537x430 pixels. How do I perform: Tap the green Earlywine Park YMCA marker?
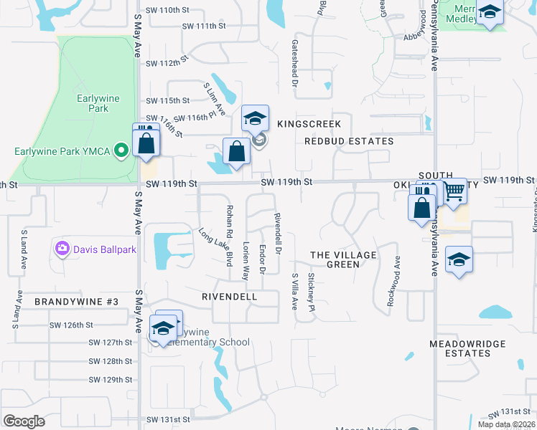121,150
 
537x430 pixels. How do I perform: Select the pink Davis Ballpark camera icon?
62,249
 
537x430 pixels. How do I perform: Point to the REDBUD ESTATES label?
349,141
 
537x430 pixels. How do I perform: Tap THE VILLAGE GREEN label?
343,259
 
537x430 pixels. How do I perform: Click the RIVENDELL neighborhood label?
230,295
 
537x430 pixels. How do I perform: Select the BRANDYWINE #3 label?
76,302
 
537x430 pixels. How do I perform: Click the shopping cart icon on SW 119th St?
454,191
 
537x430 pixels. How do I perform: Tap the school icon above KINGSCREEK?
255,118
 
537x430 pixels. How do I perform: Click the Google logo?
24,421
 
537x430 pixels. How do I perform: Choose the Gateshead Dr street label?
294,63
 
